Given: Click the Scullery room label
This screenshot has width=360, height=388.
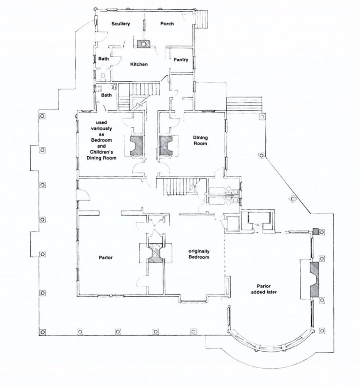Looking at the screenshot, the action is pos(120,24).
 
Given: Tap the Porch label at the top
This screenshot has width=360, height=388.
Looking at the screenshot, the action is pos(167,23).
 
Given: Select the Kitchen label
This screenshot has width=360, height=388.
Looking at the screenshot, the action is pos(139,64).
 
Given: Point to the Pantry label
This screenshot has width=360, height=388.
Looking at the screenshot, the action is pos(181,59).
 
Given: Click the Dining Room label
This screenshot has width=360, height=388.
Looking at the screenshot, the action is pos(200,141).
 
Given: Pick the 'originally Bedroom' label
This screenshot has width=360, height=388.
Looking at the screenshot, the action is pos(199,254).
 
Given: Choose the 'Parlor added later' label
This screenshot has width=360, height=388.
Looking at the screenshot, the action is pos(264,289).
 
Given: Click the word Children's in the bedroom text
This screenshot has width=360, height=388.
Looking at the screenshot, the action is pos(101,152).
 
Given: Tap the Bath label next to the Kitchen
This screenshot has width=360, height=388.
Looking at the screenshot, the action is pos(103,59).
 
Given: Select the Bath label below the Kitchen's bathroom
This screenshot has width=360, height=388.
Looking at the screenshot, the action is pos(106,95).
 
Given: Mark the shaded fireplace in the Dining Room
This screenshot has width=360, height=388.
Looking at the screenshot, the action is pos(165,145).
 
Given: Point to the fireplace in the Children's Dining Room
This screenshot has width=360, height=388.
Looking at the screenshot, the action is pos(137,145).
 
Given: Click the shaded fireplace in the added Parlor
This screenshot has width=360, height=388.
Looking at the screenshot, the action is pos(315,279).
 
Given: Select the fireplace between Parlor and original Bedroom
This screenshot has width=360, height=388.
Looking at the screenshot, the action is pos(156,253).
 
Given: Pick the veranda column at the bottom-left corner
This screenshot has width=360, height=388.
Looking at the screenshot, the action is pos(42,332).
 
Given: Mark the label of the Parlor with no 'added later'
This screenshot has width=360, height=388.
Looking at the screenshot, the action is pos(106,258).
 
